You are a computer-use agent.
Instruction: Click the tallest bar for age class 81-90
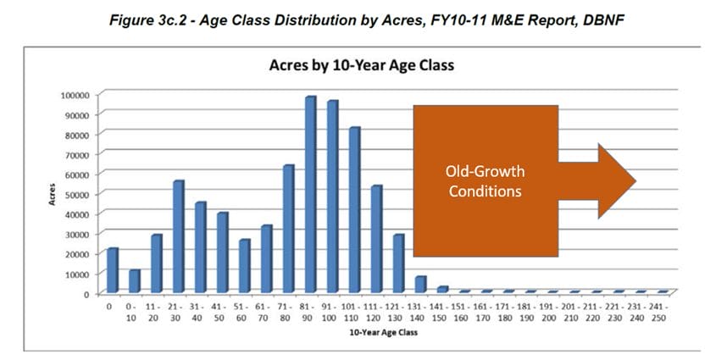click(310, 196)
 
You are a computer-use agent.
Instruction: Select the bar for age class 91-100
click(332, 197)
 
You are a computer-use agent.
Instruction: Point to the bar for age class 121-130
click(398, 264)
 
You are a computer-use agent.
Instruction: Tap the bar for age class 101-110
click(354, 211)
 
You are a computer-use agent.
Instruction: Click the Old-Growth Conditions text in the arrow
click(485, 181)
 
